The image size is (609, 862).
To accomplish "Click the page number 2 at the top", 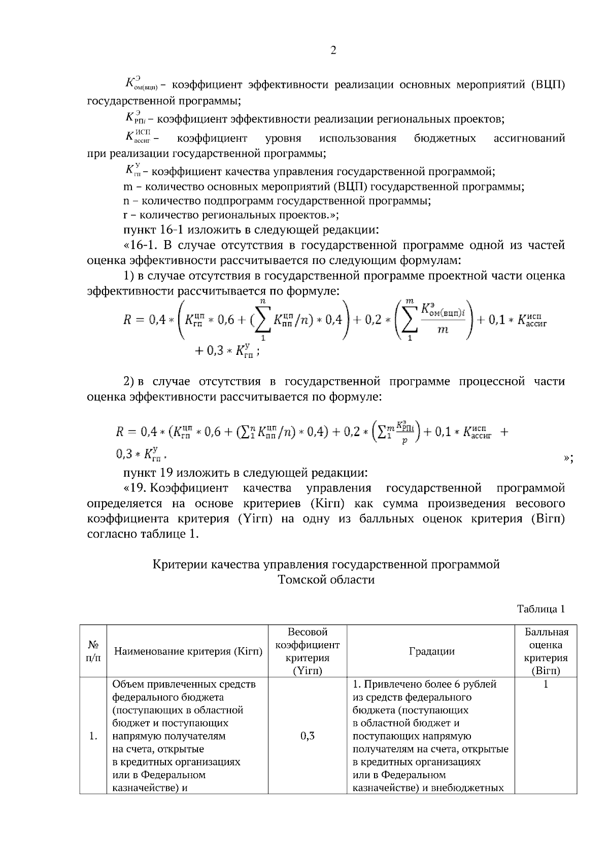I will pyautogui.click(x=333, y=50).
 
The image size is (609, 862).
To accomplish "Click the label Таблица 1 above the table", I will pyautogui.click(x=540, y=609).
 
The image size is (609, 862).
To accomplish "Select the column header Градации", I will pyautogui.click(x=431, y=651).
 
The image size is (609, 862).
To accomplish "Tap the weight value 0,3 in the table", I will pyautogui.click(x=307, y=736).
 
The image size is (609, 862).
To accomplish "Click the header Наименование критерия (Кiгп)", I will pyautogui.click(x=188, y=651).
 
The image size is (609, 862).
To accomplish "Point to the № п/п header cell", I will pyautogui.click(x=93, y=651).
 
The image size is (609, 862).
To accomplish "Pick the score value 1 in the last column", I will pyautogui.click(x=546, y=684).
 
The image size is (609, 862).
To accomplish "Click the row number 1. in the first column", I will pyautogui.click(x=93, y=736).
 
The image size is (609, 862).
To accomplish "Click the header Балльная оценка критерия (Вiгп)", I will pyautogui.click(x=546, y=651).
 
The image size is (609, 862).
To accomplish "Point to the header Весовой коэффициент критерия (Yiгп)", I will pyautogui.click(x=307, y=651).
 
